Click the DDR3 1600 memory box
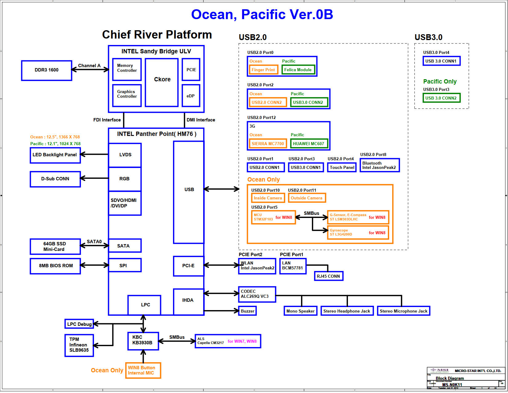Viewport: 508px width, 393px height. (46, 70)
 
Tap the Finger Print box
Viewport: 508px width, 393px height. (263, 70)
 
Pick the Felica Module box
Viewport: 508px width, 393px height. (298, 70)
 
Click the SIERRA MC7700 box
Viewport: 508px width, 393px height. (268, 144)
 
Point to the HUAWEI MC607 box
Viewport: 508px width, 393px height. (308, 144)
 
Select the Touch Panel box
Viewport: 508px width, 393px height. (342, 167)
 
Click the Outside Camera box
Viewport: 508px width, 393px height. (307, 198)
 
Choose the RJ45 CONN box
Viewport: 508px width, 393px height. (328, 276)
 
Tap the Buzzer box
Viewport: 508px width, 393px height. (248, 311)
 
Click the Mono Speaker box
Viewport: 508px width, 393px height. (300, 311)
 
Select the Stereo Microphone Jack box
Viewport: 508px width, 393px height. (403, 311)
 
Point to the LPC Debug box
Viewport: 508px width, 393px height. (79, 324)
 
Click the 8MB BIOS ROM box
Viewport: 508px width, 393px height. (55, 266)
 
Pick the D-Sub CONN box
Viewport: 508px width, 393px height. (55, 179)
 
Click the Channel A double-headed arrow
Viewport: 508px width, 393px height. (90, 70)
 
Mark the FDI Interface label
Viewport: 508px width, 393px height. (107, 120)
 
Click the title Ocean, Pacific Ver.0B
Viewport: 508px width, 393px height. (262, 14)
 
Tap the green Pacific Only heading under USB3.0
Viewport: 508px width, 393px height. (440, 81)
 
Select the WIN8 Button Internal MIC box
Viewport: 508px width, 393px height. (143, 370)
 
